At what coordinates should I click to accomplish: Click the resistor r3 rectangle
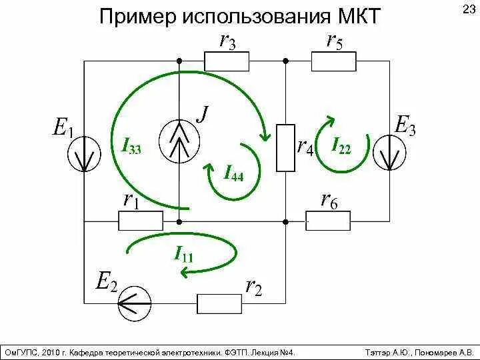tap(227, 61)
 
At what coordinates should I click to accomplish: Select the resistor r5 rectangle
tap(335, 61)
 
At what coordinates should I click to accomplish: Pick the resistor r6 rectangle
tap(328, 221)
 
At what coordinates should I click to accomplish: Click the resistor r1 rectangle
tap(141, 221)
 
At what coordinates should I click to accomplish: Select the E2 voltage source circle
tap(133, 305)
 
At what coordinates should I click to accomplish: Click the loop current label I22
tap(341, 147)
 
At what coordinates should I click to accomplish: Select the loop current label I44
tap(233, 175)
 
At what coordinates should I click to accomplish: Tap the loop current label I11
tap(183, 253)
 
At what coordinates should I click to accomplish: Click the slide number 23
tap(467, 9)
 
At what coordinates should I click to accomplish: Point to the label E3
tap(405, 125)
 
